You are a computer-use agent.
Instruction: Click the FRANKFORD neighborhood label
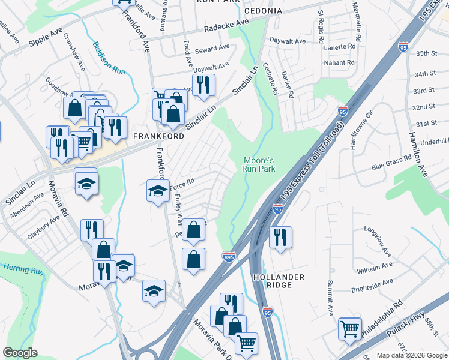(x=151, y=136)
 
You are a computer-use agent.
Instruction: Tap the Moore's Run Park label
(x=259, y=165)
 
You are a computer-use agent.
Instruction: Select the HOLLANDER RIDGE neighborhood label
(x=279, y=281)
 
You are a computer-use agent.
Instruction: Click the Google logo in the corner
(x=20, y=353)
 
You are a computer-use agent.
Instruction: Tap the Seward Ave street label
(x=215, y=47)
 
